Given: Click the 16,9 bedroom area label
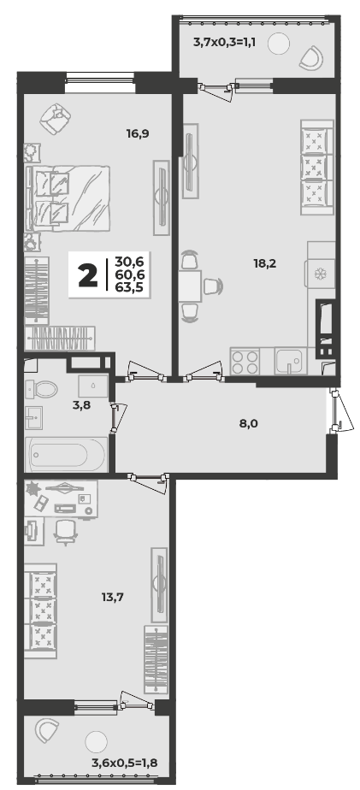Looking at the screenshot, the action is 139,134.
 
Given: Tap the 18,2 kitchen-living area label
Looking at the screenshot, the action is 266,262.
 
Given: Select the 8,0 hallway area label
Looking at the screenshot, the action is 248,423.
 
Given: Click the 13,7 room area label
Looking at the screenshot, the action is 112,598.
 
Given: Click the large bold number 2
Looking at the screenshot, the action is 88,274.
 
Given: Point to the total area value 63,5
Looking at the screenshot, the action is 130,287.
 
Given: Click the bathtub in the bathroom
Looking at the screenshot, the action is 67,455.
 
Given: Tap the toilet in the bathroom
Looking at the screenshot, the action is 42,389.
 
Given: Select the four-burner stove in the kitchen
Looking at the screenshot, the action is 245,361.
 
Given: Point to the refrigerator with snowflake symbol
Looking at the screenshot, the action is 320,274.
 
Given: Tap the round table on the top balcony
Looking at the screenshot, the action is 279,44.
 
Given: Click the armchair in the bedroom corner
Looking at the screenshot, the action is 55,118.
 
